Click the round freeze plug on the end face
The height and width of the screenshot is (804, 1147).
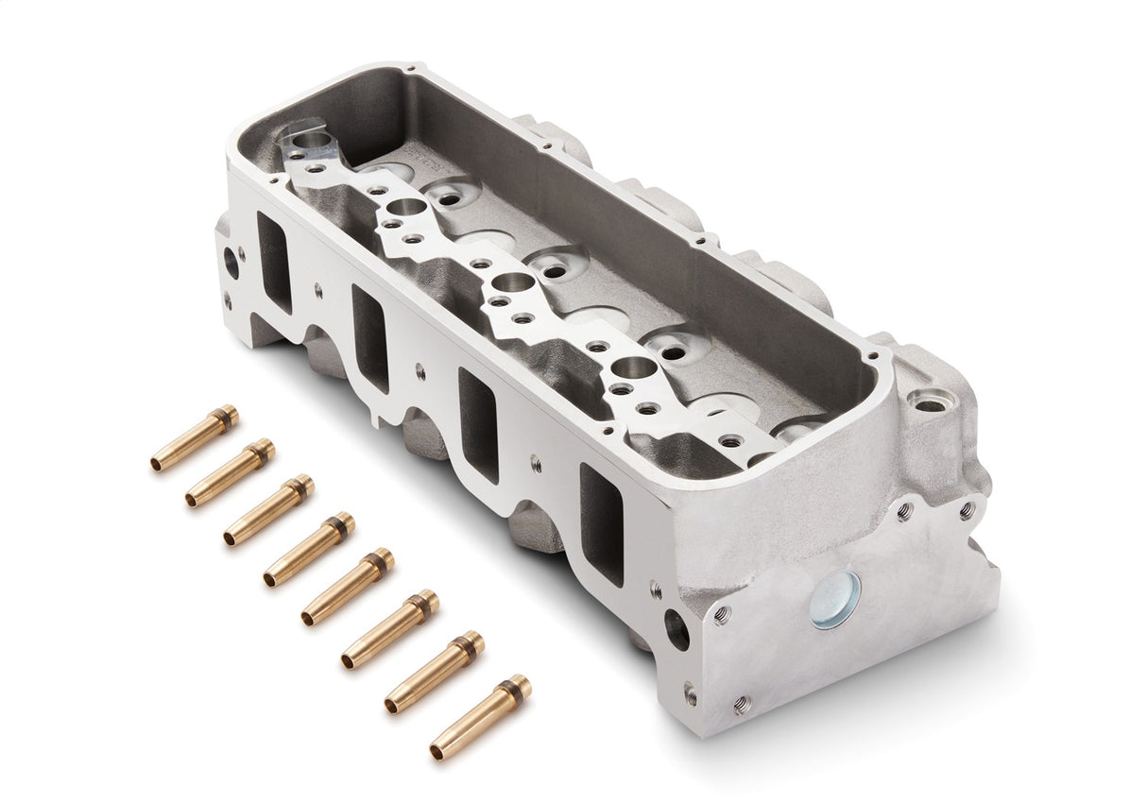click(x=835, y=600)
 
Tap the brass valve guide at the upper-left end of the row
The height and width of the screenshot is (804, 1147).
click(x=195, y=438)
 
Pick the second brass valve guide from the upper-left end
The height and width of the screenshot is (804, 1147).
click(x=231, y=472)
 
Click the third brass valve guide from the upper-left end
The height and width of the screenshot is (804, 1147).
click(x=269, y=510)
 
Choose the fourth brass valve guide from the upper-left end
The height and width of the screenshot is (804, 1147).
click(x=309, y=549)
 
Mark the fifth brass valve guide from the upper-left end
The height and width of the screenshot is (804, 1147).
click(x=348, y=586)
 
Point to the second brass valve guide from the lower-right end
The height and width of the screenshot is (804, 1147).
click(x=435, y=672)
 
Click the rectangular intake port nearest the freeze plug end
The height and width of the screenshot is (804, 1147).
click(x=602, y=522)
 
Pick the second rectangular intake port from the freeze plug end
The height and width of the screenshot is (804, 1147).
click(x=478, y=424)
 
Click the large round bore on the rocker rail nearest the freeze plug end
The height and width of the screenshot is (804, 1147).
click(x=634, y=368)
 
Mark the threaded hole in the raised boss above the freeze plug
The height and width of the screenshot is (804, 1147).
click(x=930, y=404)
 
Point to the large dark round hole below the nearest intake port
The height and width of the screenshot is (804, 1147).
click(x=676, y=629)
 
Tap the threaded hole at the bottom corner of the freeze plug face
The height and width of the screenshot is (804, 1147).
click(x=743, y=704)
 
